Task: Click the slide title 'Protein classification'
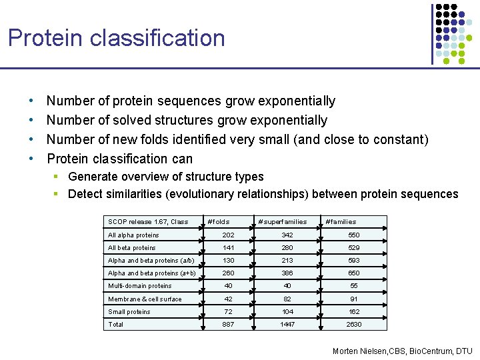click(x=117, y=38)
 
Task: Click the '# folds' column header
click(x=218, y=222)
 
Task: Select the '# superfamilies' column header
click(x=282, y=222)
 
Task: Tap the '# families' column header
click(x=340, y=222)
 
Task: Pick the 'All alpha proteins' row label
click(x=133, y=235)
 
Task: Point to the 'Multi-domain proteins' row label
click(x=140, y=286)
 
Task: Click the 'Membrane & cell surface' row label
click(x=145, y=299)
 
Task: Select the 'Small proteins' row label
click(x=129, y=312)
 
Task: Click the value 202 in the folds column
click(x=228, y=235)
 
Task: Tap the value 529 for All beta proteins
click(x=353, y=248)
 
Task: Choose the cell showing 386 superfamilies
click(x=287, y=273)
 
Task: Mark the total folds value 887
click(x=228, y=325)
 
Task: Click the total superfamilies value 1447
click(x=287, y=325)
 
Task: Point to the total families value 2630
click(x=353, y=325)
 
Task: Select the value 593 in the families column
click(x=353, y=261)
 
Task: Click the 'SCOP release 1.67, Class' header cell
click(x=148, y=222)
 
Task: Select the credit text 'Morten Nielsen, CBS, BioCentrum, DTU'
click(x=402, y=351)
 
